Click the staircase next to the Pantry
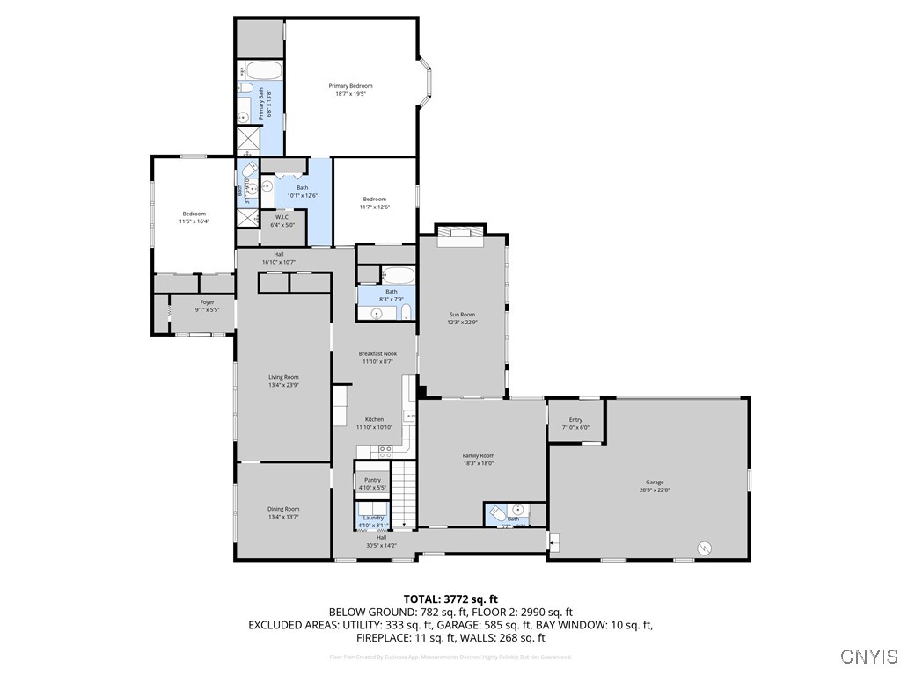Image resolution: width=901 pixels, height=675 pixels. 404,494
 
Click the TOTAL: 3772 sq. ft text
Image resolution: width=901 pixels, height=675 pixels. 450,599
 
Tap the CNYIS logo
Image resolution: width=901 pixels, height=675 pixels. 868,657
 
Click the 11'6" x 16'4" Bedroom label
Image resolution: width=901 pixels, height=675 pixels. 194,217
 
